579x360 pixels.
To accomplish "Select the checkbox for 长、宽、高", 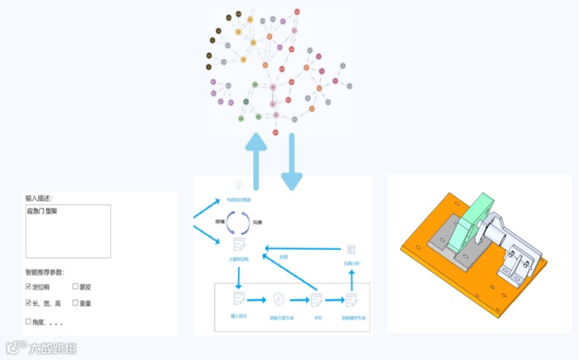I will (28, 304).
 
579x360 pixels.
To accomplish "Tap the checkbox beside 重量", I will (75, 304).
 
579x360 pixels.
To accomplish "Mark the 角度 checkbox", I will (28, 321).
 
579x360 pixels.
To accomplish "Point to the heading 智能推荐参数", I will (48, 272).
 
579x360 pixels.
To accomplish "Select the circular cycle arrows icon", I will (238, 222).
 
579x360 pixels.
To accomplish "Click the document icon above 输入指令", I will (238, 298).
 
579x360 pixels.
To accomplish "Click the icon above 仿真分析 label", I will (351, 249).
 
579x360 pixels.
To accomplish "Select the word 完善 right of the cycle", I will (258, 223).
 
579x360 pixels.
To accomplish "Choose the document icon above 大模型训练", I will (238, 243).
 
